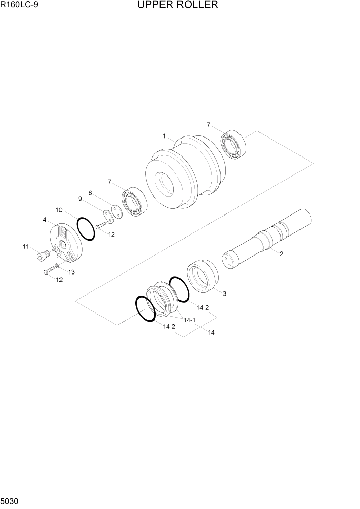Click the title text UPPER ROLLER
pos(178,6)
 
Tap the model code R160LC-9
pos(18,6)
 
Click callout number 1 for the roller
pos(164,136)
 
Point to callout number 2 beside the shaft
pos(281,253)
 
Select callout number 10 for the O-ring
pos(59,210)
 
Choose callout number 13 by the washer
pos(71,272)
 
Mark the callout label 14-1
pos(190,320)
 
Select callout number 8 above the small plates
pos(90,193)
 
